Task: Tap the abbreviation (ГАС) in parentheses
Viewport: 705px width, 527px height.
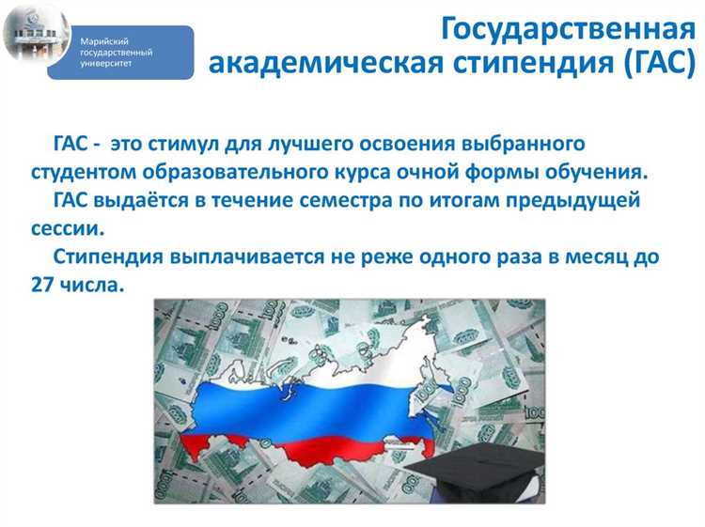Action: (x=648, y=67)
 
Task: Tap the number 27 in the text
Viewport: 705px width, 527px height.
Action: (x=43, y=285)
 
